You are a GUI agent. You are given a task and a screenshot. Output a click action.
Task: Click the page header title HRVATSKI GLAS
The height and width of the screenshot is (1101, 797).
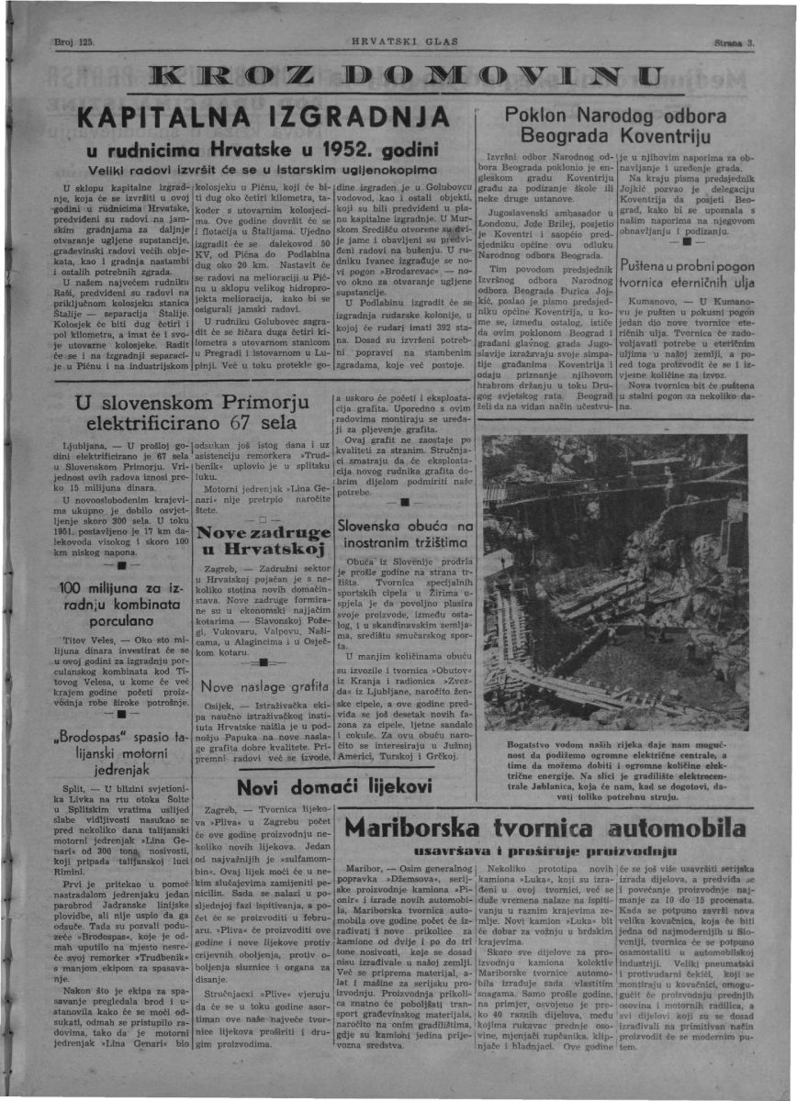tap(398, 43)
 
